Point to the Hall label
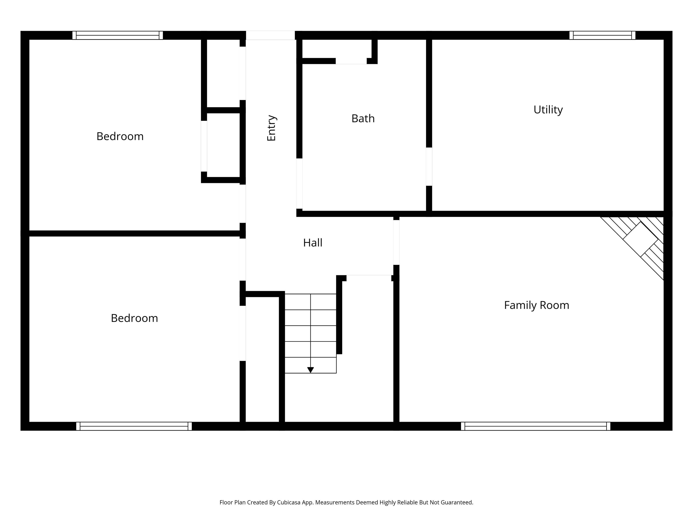313,243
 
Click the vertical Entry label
271,128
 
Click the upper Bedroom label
120,136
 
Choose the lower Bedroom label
134,318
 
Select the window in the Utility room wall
602,35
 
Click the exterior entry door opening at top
270,35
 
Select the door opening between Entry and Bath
299,183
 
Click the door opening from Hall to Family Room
396,242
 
